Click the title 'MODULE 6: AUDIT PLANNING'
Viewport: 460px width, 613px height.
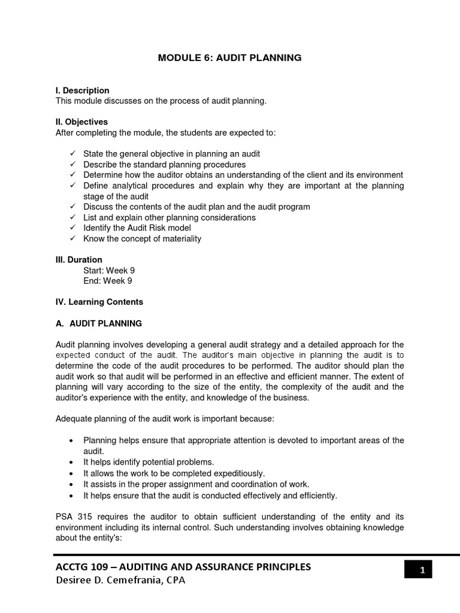pyautogui.click(x=229, y=58)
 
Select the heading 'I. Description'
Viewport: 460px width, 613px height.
pyautogui.click(x=82, y=90)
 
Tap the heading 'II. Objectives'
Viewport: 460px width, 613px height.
pyautogui.click(x=81, y=122)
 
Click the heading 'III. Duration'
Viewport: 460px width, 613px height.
pyautogui.click(x=78, y=260)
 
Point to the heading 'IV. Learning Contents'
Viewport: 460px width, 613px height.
pyautogui.click(x=99, y=302)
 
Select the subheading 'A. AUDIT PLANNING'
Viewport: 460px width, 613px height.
pyautogui.click(x=99, y=323)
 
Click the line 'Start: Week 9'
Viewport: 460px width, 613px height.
pyautogui.click(x=109, y=271)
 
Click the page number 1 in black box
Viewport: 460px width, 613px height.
pyautogui.click(x=422, y=570)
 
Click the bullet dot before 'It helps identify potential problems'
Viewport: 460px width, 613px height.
pyautogui.click(x=72, y=462)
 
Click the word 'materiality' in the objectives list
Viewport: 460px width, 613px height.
pyautogui.click(x=181, y=239)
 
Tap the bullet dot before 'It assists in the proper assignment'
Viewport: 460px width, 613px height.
pyautogui.click(x=72, y=484)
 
